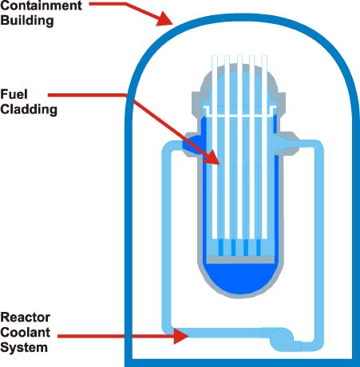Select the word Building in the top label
tap(26, 22)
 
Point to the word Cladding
tap(29, 109)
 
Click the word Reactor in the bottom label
tap(26, 317)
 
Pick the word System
tap(24, 347)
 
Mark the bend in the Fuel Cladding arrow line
tap(125, 96)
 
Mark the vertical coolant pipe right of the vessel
tap(318, 239)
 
